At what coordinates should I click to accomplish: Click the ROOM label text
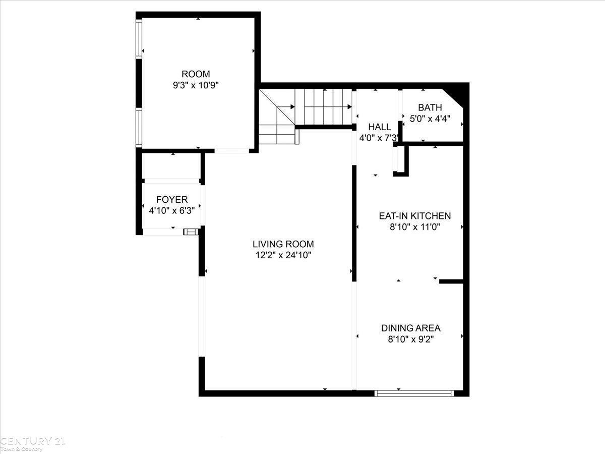196,74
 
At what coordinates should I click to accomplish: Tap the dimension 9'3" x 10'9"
196,85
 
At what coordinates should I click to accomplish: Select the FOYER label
172,199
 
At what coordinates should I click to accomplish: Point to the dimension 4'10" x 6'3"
172,211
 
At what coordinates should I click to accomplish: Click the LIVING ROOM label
283,244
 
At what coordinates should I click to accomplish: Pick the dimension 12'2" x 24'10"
283,255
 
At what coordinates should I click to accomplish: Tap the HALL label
380,127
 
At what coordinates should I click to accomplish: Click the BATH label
430,107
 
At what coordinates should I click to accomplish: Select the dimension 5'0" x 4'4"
430,119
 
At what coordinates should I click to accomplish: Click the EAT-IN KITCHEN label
415,216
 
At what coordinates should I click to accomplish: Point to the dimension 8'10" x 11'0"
415,227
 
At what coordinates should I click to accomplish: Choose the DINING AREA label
411,328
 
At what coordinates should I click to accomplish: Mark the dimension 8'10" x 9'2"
411,339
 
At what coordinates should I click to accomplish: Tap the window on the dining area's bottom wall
414,393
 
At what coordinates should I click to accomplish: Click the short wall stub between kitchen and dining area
451,281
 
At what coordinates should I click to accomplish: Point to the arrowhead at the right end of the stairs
349,106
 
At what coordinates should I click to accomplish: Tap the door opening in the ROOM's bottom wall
232,151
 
